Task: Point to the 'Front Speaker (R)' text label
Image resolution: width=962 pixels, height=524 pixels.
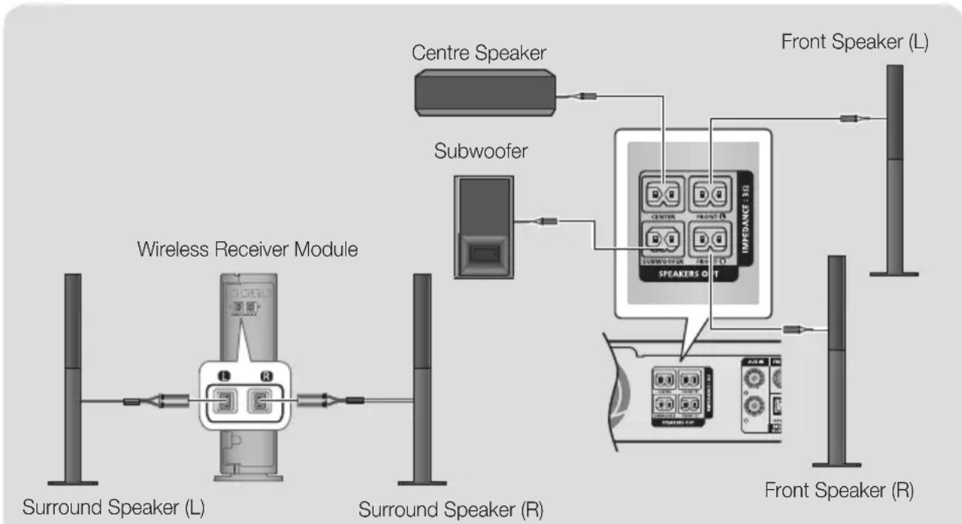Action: [x=839, y=490]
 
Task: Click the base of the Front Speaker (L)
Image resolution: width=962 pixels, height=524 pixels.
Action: [x=893, y=273]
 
